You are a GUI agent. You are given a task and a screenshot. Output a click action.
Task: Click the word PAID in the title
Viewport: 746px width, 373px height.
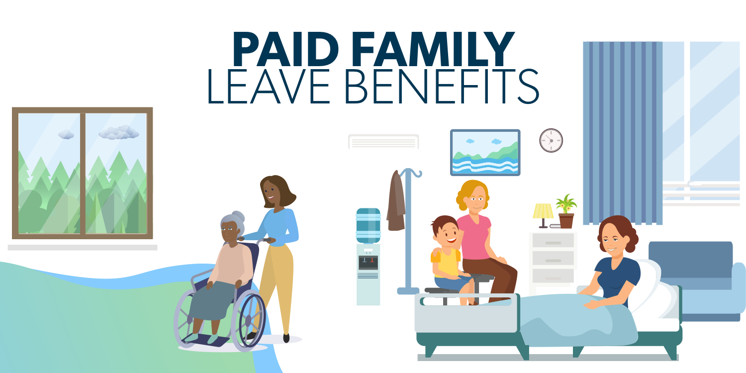(x=285, y=49)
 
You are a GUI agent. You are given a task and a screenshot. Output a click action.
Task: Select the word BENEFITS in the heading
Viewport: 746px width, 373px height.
(x=441, y=87)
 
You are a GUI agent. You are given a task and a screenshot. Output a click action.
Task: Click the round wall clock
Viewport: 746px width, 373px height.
(x=551, y=141)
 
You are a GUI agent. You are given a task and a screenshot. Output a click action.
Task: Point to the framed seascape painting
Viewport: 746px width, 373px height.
(x=485, y=153)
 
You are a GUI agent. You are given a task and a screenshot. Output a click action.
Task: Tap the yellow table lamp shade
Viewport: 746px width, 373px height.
(x=543, y=211)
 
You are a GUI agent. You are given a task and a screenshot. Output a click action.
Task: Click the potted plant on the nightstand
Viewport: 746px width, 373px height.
(x=566, y=211)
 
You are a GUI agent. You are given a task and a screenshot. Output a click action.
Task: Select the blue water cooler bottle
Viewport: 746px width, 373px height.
(x=369, y=226)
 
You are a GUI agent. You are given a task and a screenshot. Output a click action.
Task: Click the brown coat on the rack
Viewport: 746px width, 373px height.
(x=396, y=201)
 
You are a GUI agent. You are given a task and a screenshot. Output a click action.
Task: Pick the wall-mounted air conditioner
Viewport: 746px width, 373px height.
(x=383, y=142)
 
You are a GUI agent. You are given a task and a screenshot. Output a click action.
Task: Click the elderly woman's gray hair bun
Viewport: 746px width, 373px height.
(x=238, y=216)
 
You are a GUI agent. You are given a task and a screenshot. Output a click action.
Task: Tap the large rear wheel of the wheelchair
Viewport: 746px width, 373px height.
(x=248, y=320)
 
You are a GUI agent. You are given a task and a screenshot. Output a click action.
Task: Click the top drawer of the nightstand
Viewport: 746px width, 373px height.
(x=553, y=240)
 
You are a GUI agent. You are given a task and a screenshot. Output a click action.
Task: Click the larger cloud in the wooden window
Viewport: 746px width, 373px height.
(x=119, y=133)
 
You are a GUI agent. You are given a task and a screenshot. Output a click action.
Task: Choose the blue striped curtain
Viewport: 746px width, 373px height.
(x=623, y=133)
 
